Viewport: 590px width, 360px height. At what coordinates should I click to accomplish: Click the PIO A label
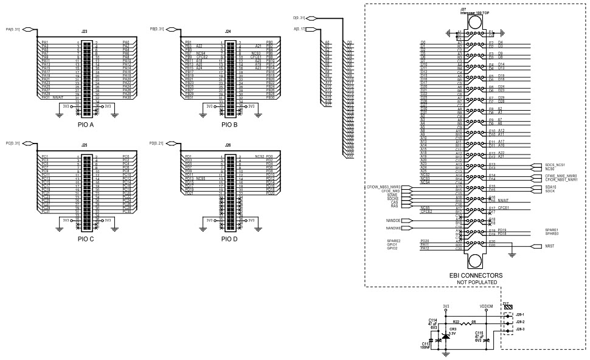[x=86, y=125]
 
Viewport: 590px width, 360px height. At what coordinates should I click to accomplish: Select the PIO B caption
[x=229, y=125]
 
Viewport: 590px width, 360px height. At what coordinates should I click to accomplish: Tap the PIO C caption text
[x=86, y=239]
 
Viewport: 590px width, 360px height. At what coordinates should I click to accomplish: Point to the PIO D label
[x=229, y=239]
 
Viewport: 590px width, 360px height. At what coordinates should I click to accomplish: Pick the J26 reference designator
[x=228, y=145]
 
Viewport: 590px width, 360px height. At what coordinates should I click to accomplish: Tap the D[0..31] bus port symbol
[x=311, y=18]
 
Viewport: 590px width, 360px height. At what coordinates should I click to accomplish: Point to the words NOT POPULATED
[x=476, y=283]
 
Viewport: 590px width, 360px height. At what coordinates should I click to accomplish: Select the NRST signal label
[x=550, y=246]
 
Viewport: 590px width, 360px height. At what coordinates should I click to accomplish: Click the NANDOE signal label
[x=393, y=221]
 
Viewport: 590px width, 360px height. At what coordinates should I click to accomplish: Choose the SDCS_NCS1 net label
[x=555, y=165]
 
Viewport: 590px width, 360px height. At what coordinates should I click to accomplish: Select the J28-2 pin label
[x=520, y=322]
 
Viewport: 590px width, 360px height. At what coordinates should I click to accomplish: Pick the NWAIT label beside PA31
[x=58, y=97]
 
